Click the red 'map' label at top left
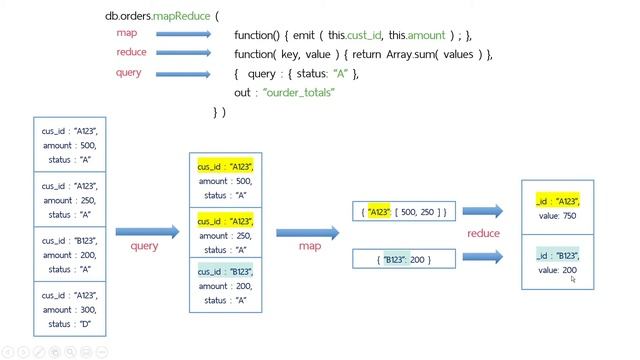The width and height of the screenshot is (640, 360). pyautogui.click(x=126, y=34)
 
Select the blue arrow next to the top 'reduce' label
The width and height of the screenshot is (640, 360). pyautogui.click(x=183, y=53)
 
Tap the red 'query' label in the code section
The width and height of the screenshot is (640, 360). pyautogui.click(x=129, y=73)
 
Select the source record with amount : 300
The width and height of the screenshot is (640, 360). pyautogui.click(x=70, y=311)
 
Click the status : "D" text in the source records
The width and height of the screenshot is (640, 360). pyautogui.click(x=69, y=324)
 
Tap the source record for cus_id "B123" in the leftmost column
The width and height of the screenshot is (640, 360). pyautogui.click(x=70, y=255)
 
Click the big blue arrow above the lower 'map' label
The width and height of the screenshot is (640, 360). pyautogui.click(x=307, y=232)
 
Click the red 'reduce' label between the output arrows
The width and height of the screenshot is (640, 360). pyautogui.click(x=483, y=233)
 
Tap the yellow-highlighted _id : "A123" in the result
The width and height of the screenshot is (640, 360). pyautogui.click(x=557, y=202)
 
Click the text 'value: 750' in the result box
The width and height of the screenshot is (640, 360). pyautogui.click(x=557, y=216)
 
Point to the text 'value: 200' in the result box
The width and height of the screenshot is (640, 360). pyautogui.click(x=557, y=270)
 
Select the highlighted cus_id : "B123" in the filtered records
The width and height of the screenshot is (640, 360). pyautogui.click(x=225, y=271)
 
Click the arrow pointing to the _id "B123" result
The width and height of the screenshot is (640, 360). pyautogui.click(x=483, y=257)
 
